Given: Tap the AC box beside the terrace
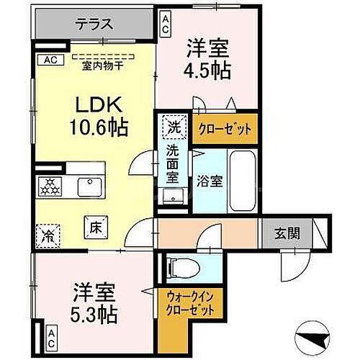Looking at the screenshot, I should point(52,60).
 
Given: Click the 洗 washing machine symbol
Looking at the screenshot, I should point(173,127).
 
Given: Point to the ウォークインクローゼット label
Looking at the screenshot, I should point(186,300).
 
